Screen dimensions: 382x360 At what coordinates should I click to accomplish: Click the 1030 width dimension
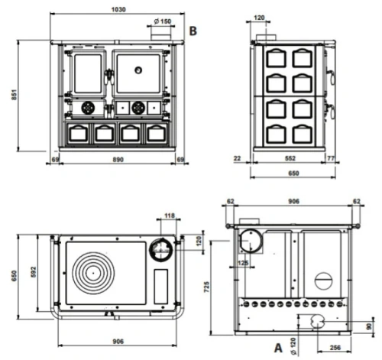[x=118, y=9]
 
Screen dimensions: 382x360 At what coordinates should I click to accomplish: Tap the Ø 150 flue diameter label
[x=163, y=21]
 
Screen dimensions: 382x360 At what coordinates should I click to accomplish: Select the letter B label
[x=193, y=31]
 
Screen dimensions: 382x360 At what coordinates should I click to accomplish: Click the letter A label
[x=278, y=348]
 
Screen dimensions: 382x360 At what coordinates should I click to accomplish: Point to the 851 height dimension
[x=15, y=95]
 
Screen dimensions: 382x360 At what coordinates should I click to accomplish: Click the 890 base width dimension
[x=118, y=160]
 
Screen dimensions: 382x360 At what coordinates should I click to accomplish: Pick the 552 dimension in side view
[x=290, y=158]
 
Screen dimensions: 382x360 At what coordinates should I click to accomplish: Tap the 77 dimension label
[x=331, y=158]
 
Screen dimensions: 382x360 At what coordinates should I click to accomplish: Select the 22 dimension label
[x=237, y=158]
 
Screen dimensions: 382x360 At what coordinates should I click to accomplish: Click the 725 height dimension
[x=206, y=287]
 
